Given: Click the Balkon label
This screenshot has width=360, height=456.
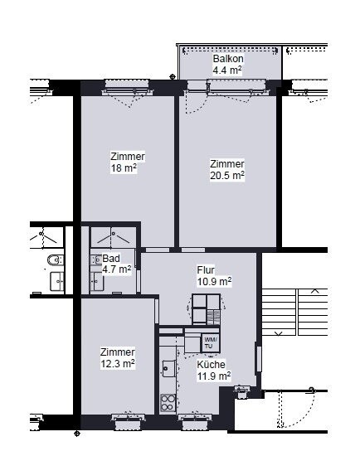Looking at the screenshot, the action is click(228, 59).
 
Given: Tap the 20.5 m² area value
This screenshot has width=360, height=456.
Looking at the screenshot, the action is click(227, 176).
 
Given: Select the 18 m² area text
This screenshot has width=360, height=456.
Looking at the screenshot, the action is click(124, 168).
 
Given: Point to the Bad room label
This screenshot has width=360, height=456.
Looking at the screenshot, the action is click(111, 258).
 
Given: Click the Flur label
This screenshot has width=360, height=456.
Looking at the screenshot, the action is click(206, 270).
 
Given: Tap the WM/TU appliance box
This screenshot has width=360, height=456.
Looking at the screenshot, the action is click(211, 343).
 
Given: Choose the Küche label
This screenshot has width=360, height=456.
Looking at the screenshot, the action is click(211, 365).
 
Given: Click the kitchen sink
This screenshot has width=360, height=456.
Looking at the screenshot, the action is click(168, 368).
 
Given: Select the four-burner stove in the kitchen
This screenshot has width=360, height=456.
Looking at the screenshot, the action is click(168, 403).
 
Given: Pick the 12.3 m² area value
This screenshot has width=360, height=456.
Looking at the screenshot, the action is click(118, 363).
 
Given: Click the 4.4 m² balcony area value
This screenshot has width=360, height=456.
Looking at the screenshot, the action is click(227, 70).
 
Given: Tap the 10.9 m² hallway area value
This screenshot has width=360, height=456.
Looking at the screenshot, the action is click(215, 282).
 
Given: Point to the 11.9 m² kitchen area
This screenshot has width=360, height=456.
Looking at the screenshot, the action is click(214, 376).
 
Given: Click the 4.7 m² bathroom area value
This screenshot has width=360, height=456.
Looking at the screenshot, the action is click(116, 269).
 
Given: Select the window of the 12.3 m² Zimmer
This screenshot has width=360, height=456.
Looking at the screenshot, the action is click(128, 422).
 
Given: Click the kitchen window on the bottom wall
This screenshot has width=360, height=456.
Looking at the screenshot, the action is click(195, 422).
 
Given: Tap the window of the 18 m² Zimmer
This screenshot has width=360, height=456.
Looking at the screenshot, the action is click(127, 86).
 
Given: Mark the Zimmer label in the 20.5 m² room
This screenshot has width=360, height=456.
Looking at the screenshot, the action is click(227, 163).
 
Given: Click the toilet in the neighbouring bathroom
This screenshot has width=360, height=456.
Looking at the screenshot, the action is click(55, 260).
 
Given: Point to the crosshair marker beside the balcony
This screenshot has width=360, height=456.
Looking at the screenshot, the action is click(173, 77).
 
